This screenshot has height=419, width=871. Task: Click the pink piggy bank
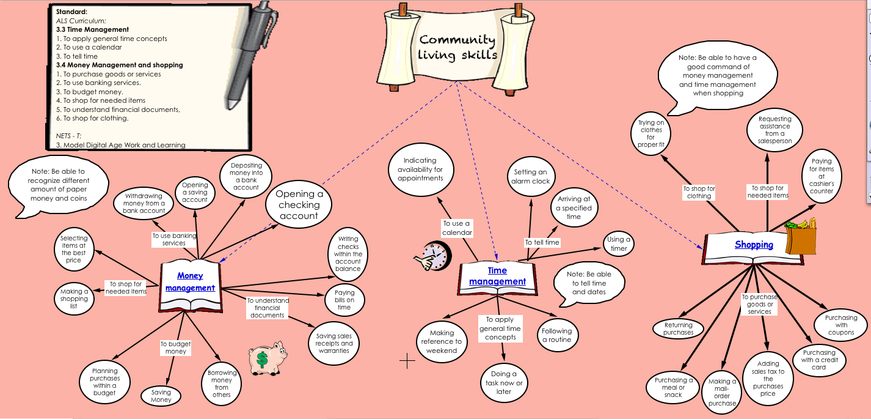(267, 358)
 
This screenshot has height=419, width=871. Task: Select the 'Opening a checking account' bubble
(299, 205)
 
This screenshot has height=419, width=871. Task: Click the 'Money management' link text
(190, 282)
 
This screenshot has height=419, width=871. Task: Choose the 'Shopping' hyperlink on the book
(754, 245)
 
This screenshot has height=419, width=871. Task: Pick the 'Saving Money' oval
(161, 396)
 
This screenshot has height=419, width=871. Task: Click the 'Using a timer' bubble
(619, 244)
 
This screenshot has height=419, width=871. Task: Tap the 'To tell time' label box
(542, 242)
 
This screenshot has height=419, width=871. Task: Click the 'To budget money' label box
(175, 348)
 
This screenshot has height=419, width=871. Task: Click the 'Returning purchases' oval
(679, 329)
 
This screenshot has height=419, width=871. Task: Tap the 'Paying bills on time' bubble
(344, 300)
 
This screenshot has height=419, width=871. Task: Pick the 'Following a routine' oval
(556, 335)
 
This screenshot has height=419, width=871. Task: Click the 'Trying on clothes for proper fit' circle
(651, 134)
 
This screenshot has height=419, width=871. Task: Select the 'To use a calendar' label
(457, 228)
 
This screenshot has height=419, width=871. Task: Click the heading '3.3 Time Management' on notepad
(92, 29)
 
